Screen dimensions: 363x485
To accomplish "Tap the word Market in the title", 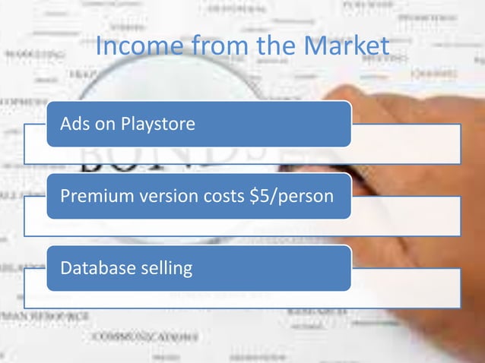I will point(347,48).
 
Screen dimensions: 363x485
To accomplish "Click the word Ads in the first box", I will point(74,123).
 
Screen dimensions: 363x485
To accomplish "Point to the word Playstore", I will point(159,124).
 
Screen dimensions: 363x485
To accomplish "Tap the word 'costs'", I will point(224,196).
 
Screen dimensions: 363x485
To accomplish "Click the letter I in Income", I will point(100,48).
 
